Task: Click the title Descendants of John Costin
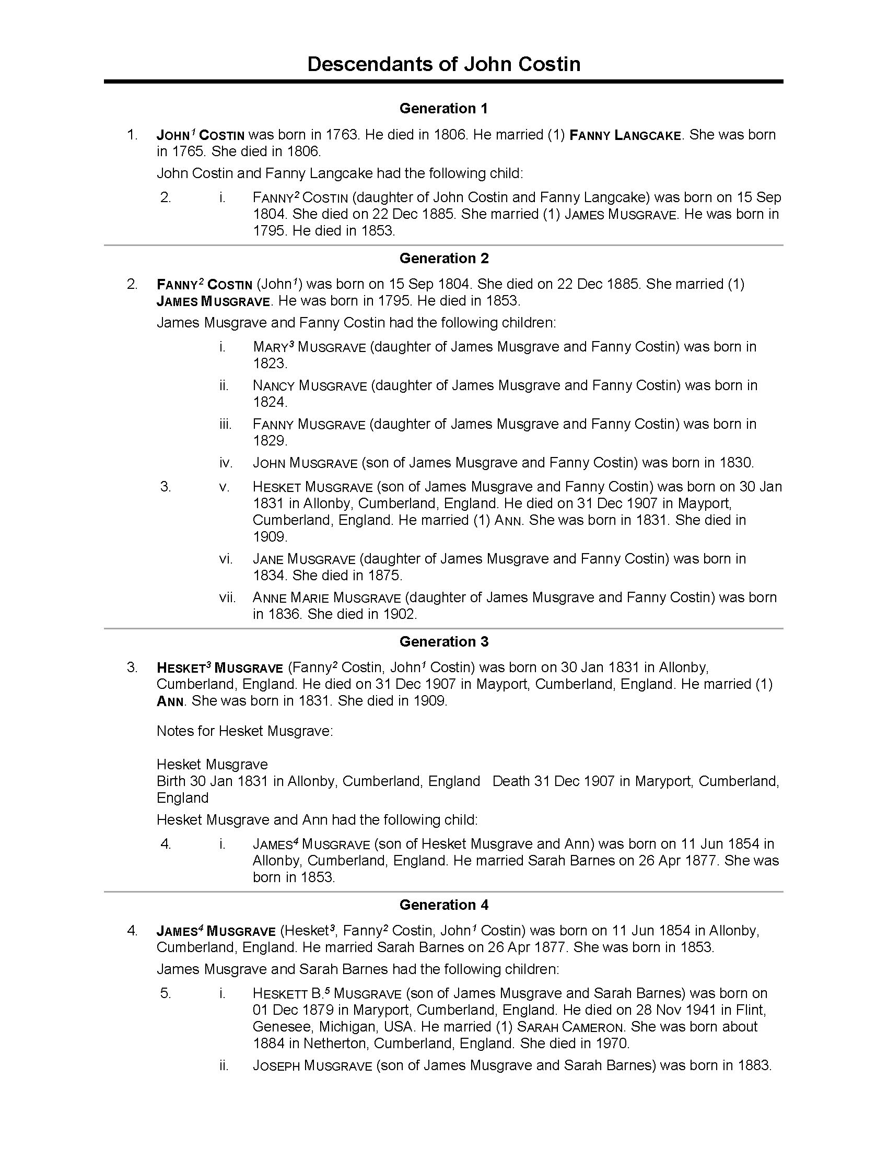[443, 64]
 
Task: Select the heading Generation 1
[443, 109]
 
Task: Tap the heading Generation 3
[443, 641]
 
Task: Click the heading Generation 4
[443, 905]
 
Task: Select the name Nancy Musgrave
[309, 385]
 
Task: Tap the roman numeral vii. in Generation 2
[227, 597]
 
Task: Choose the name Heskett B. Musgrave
[326, 993]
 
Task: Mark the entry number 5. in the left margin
[166, 993]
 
